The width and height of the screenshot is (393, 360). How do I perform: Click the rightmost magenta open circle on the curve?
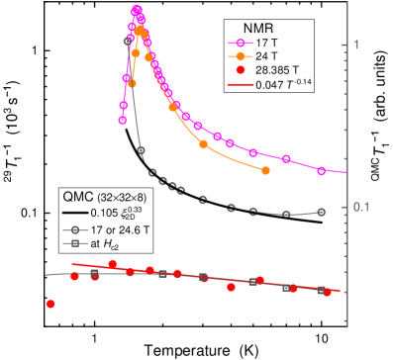[x=321, y=171]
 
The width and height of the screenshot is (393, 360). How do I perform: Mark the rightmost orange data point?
[x=266, y=170]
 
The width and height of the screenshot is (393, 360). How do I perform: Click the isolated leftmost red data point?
[x=49, y=304]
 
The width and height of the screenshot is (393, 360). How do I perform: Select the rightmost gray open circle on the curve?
[x=321, y=212]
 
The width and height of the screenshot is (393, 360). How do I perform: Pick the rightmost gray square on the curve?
[x=321, y=291]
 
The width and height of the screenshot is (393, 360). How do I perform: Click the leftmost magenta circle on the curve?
[x=123, y=120]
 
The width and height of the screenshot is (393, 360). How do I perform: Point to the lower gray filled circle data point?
[x=141, y=149]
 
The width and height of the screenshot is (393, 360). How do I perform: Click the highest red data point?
[x=113, y=263]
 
